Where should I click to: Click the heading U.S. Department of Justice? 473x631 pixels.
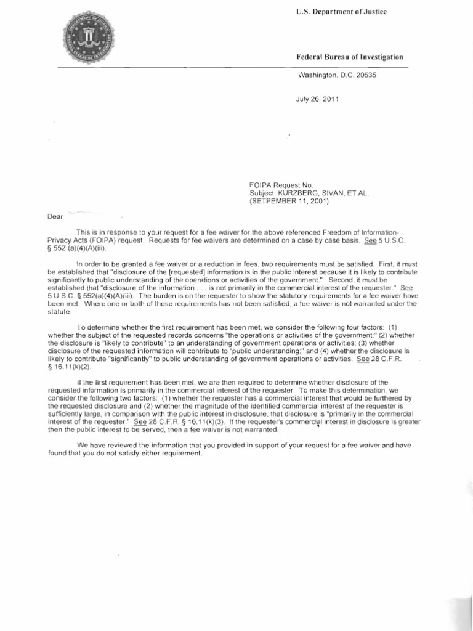pos(341,13)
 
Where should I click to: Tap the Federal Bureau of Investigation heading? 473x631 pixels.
pos(350,57)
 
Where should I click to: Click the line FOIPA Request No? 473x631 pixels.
pos(281,184)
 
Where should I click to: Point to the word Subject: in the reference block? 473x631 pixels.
pos(262,192)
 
